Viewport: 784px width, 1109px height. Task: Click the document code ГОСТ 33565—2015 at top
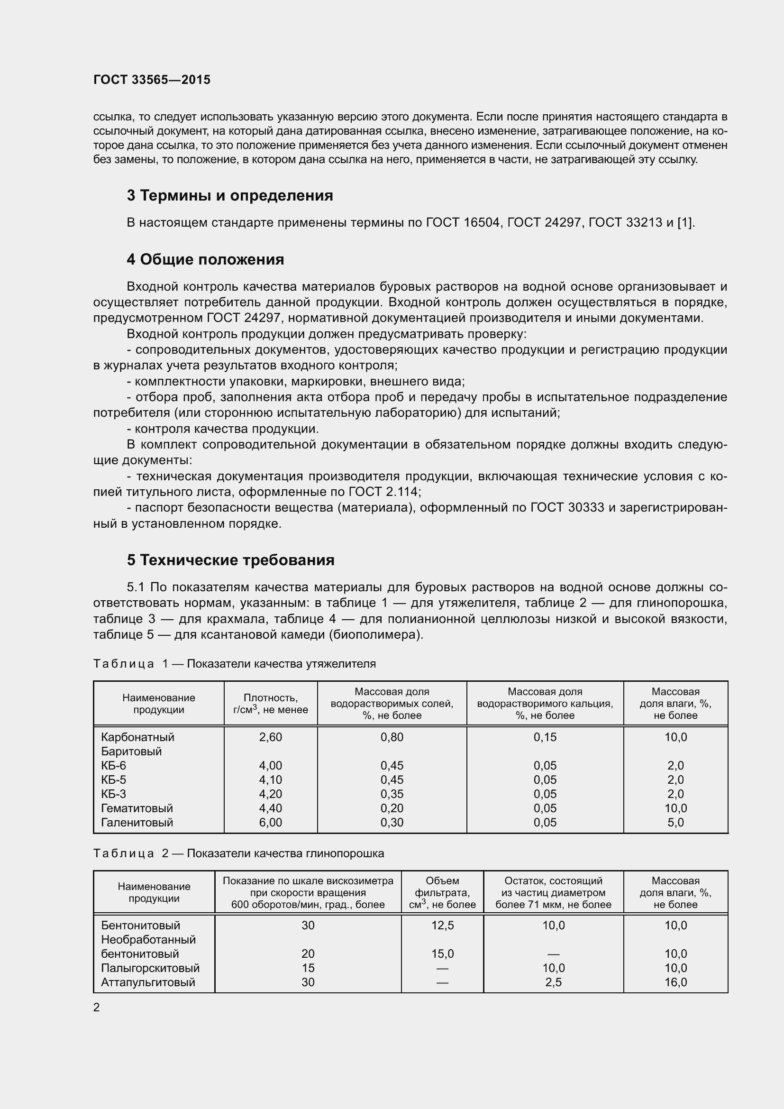152,80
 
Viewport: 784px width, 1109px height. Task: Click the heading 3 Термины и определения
230,196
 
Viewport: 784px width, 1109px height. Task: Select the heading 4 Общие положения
205,260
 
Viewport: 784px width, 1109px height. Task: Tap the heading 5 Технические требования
231,560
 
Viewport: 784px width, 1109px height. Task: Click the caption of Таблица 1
234,664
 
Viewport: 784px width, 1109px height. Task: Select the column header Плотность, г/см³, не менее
270,703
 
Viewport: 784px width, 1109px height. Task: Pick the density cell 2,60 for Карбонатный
270,737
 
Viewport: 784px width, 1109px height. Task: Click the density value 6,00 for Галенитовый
270,822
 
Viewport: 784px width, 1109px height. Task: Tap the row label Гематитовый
137,808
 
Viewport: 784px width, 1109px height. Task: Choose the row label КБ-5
113,779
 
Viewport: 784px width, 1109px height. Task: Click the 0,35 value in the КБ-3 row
392,794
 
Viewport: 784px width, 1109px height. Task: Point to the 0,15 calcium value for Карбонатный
545,737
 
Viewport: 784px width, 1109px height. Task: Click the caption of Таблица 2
238,853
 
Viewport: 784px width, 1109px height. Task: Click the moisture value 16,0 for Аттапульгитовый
675,982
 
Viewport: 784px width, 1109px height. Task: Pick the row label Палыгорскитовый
150,968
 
